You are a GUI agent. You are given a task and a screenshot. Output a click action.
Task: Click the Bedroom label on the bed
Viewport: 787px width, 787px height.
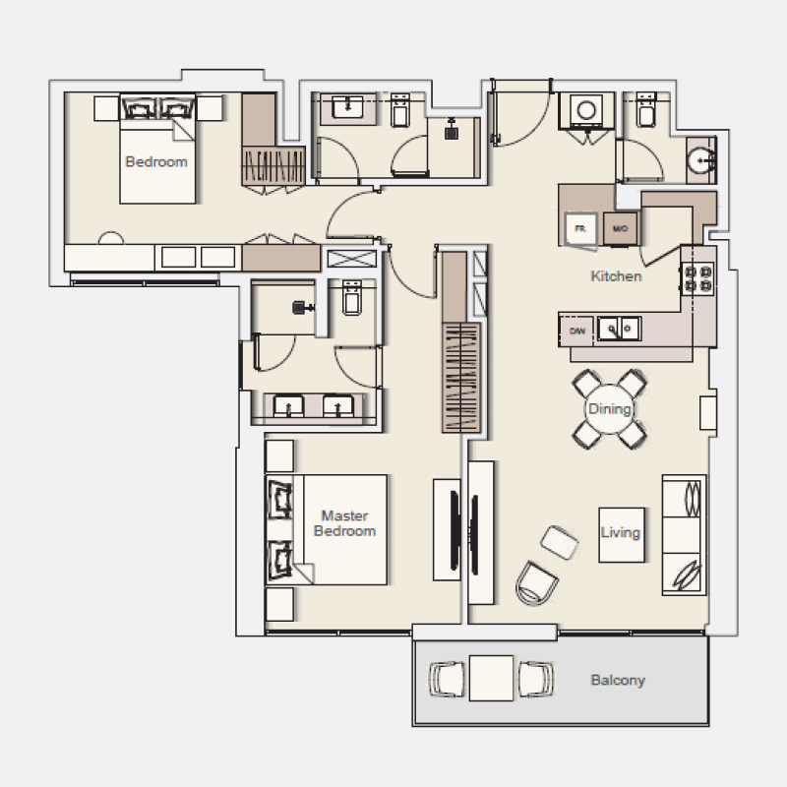pyautogui.click(x=155, y=162)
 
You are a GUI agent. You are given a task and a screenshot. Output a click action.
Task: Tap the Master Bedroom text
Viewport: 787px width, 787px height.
pyautogui.click(x=344, y=522)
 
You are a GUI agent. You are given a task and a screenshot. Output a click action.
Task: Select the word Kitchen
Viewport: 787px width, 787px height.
pyautogui.click(x=616, y=276)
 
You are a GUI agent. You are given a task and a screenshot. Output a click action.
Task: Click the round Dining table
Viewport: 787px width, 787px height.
pyautogui.click(x=609, y=408)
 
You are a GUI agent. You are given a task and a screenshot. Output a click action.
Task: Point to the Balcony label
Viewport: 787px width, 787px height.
pyautogui.click(x=618, y=680)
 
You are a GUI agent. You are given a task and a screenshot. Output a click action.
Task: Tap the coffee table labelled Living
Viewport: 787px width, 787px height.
pyautogui.click(x=621, y=533)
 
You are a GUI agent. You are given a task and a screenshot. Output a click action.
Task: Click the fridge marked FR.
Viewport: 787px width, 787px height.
pyautogui.click(x=580, y=227)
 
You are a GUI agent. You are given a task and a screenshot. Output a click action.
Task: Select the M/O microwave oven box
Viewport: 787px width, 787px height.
pyautogui.click(x=620, y=228)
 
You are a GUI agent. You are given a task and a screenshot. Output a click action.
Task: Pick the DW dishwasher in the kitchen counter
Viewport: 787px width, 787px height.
pyautogui.click(x=577, y=332)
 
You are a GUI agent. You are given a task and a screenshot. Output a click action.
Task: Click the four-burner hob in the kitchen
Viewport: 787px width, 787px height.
pyautogui.click(x=697, y=279)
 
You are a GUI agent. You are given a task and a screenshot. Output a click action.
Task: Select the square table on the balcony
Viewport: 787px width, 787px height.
pyautogui.click(x=492, y=678)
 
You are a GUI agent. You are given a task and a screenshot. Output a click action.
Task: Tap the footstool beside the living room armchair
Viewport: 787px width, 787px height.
pyautogui.click(x=560, y=542)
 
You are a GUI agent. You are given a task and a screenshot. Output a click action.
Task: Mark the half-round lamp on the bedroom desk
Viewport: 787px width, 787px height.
pyautogui.click(x=111, y=239)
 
